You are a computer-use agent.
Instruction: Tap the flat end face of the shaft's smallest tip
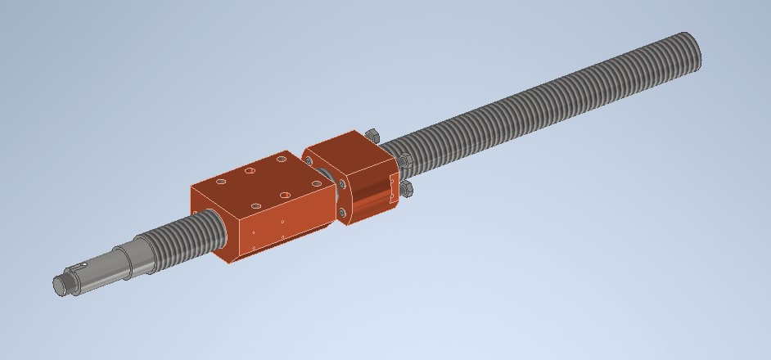(59, 285)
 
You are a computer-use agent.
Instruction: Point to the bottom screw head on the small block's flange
(341, 214)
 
